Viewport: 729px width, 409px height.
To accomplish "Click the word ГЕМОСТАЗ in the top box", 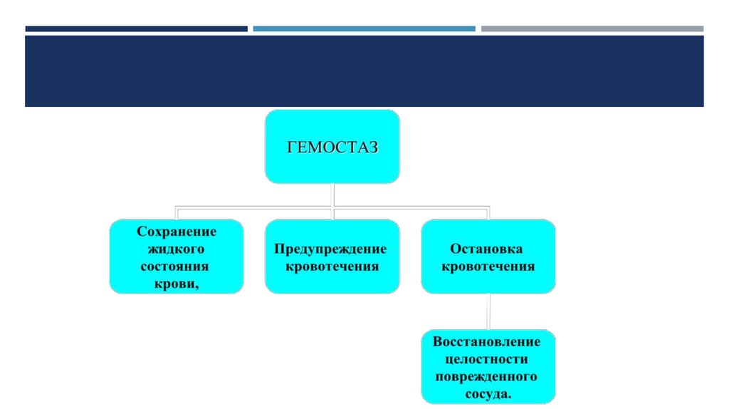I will (x=332, y=147).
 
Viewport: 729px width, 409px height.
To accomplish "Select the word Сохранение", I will (x=177, y=232).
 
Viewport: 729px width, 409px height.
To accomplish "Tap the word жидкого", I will (x=176, y=249).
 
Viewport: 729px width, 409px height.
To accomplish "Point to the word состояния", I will (x=177, y=266).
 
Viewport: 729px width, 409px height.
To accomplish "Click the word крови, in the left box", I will (x=177, y=284).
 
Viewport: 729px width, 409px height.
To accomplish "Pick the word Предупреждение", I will (x=332, y=249).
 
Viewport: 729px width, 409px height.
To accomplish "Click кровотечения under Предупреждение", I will (x=332, y=266).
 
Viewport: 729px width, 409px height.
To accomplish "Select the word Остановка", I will (x=488, y=249).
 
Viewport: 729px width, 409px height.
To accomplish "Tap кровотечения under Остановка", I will (x=488, y=266).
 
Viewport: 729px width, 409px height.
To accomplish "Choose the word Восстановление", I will (x=487, y=341).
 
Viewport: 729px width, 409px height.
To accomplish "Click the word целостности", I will (x=487, y=358).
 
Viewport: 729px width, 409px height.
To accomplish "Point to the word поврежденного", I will (x=487, y=376).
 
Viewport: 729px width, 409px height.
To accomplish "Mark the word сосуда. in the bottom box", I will (x=487, y=393).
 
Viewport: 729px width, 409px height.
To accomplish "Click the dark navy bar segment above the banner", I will (x=136, y=29).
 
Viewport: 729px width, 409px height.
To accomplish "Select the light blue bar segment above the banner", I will (x=364, y=29).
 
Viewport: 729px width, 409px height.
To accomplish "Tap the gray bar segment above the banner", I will (x=592, y=29).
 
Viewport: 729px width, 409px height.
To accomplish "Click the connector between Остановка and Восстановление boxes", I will (x=488, y=311).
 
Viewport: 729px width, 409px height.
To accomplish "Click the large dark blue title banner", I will (x=364, y=71).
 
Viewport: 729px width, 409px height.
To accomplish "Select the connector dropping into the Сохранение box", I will (x=177, y=213).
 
